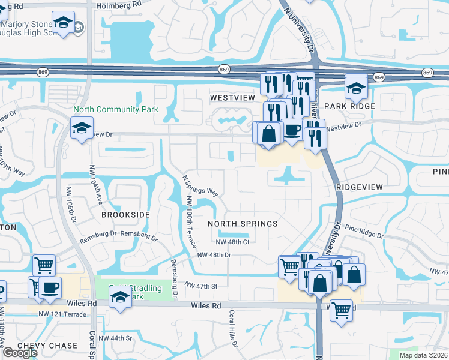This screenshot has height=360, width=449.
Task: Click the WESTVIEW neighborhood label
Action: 229,97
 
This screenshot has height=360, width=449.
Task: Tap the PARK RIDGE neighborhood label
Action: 349,106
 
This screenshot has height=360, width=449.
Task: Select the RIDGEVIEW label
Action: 360,187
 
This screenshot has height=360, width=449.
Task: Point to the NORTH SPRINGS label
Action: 243,224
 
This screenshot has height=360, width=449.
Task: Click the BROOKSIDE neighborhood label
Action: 125,214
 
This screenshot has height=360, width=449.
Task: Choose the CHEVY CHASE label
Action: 47,346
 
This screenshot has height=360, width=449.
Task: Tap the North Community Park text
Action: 116,109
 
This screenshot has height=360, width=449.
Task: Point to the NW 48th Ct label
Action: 233,242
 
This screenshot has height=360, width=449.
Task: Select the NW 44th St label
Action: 115,338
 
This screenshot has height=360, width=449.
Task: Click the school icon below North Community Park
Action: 81,127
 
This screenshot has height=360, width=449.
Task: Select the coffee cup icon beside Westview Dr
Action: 292,130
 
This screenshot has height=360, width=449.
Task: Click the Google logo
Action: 20,353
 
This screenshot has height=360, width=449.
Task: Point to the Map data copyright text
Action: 424,355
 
